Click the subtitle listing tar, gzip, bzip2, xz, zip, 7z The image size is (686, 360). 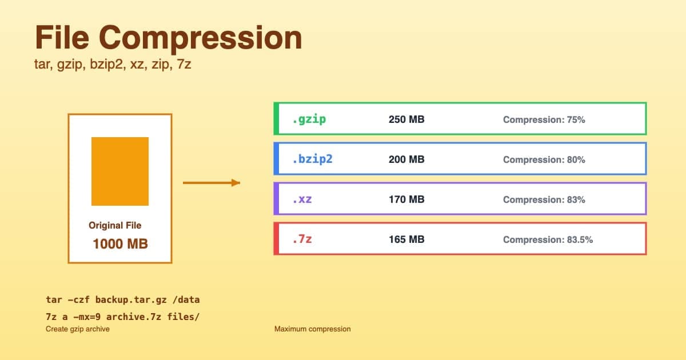[x=113, y=65]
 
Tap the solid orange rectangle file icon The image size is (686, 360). [x=120, y=171]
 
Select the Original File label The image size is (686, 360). [x=115, y=225]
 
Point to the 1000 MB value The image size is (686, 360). [x=120, y=244]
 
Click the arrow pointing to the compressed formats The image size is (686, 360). [x=211, y=183]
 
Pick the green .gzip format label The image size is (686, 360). [x=309, y=119]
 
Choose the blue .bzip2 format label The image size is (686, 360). [x=312, y=159]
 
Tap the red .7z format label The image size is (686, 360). [x=302, y=239]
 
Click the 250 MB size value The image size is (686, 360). [x=406, y=120]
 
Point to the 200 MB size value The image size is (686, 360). [x=406, y=160]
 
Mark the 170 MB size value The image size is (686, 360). [x=406, y=200]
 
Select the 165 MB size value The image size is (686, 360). [x=406, y=240]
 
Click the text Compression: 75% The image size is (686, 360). [x=544, y=120]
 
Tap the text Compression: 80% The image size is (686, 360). [x=544, y=160]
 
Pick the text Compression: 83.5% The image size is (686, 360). [x=548, y=240]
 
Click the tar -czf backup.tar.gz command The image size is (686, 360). [x=123, y=299]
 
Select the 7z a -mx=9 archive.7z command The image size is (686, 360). [x=123, y=317]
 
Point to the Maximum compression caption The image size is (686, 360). [x=312, y=329]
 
